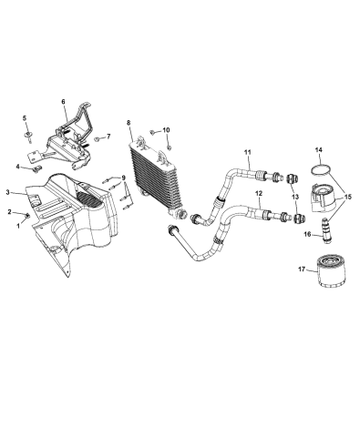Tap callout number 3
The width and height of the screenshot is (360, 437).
(x=8, y=192)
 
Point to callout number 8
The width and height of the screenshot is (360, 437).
(x=129, y=123)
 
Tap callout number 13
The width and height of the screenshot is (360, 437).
(x=293, y=195)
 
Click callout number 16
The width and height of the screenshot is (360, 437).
(x=306, y=235)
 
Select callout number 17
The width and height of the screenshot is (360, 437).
(x=300, y=270)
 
